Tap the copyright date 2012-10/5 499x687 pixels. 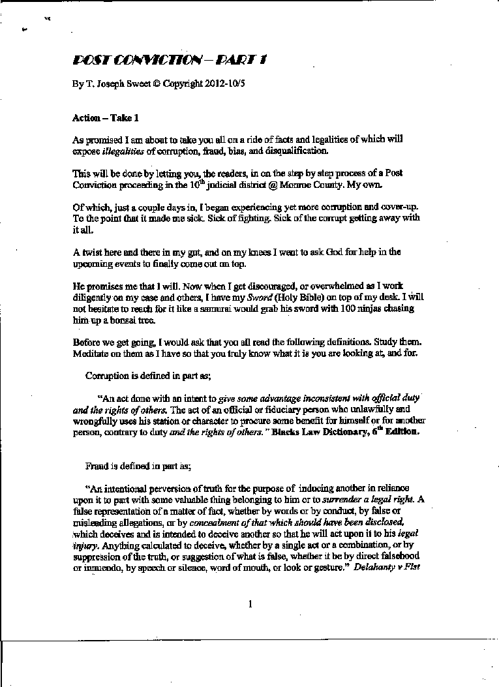tap(209, 84)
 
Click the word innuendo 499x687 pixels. tap(101, 567)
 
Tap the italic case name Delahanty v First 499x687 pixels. tap(387, 567)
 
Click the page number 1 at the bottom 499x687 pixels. tap(250, 604)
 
